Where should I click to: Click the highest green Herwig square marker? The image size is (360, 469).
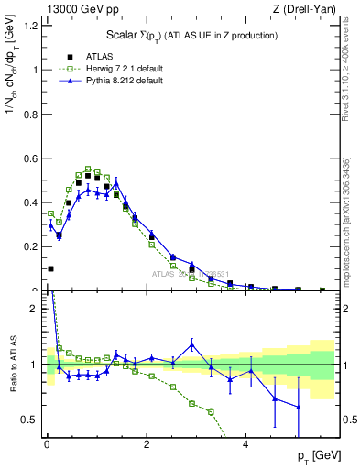click(x=88, y=169)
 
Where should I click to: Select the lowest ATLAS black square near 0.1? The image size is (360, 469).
click(x=50, y=268)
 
